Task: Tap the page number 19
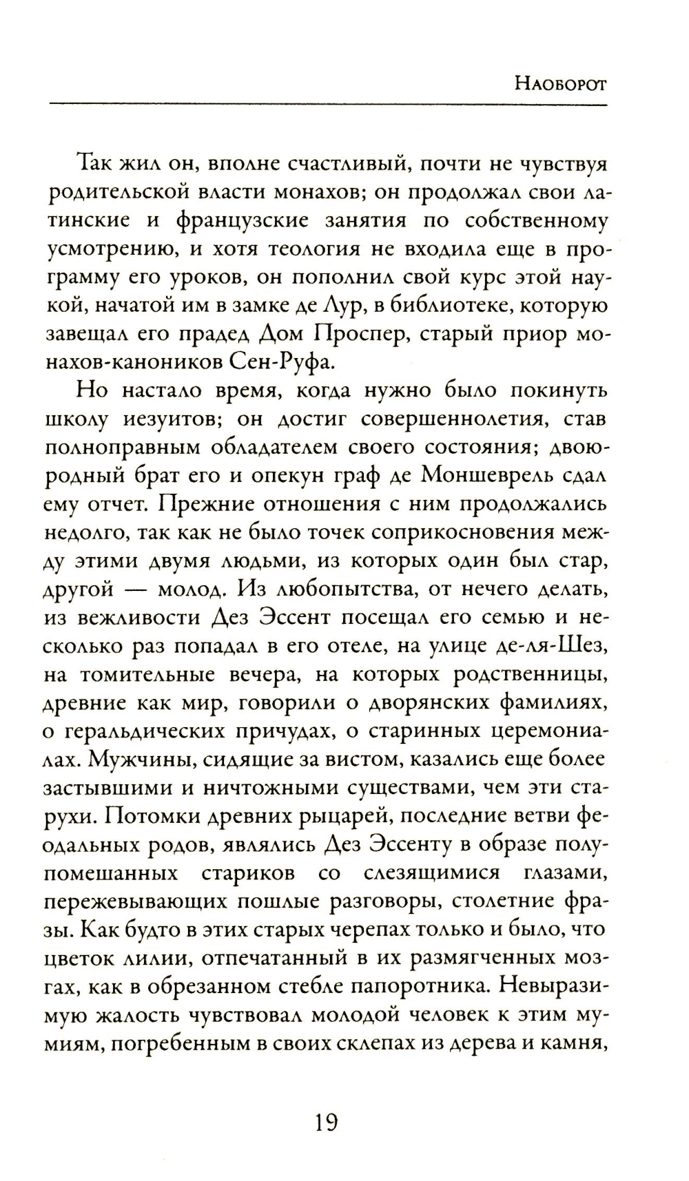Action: pos(325,1123)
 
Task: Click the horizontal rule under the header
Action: pos(328,105)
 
